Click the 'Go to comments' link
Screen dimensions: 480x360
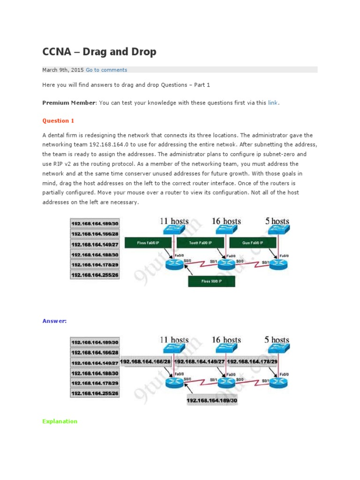(106, 70)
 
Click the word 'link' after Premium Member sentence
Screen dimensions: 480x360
(273, 103)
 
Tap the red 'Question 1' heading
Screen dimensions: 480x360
(58, 120)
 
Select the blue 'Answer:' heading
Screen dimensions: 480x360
(54, 321)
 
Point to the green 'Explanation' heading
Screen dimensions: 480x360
(60, 421)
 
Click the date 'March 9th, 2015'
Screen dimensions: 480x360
(63, 70)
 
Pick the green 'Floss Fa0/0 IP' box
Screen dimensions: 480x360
(149, 243)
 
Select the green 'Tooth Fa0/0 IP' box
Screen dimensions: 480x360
(201, 243)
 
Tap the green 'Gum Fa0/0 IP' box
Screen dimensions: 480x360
(254, 243)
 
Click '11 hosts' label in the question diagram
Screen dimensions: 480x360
(174, 221)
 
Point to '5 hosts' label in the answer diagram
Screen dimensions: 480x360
(277, 339)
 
